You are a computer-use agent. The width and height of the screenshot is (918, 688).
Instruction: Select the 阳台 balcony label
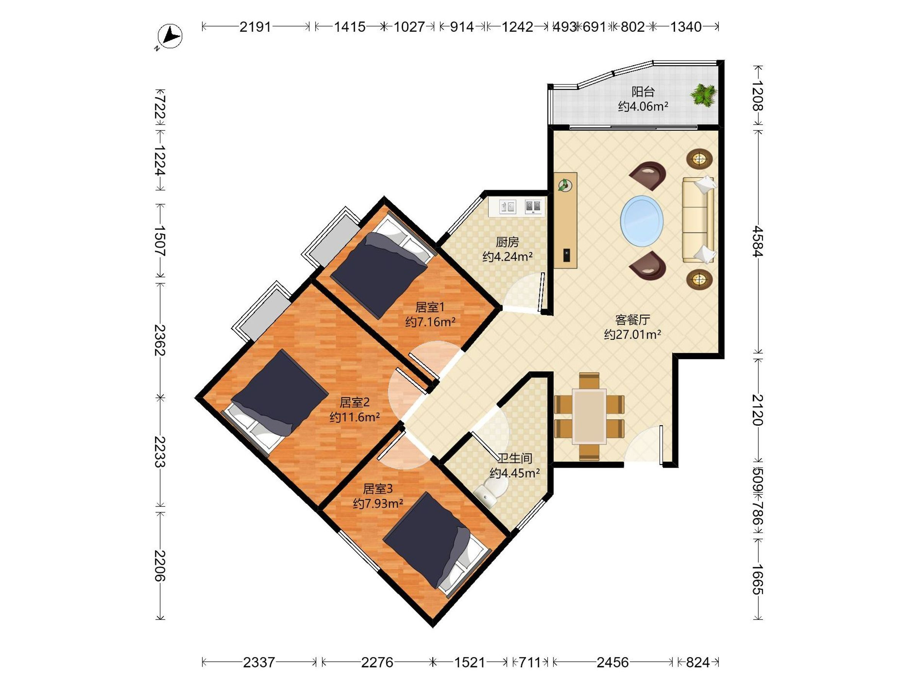(643, 92)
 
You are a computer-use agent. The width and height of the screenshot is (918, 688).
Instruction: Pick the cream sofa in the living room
(698, 220)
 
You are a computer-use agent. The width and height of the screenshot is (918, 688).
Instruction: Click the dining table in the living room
(589, 416)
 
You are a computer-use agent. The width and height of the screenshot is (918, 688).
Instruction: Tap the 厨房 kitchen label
(507, 242)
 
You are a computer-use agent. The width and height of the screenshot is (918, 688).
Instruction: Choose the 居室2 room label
(355, 402)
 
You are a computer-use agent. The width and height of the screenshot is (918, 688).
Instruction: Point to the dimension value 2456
(612, 662)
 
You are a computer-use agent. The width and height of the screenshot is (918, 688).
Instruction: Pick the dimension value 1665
(758, 579)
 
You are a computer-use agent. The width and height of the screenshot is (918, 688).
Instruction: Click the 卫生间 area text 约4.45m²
(514, 473)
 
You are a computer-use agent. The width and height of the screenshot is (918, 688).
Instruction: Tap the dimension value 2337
(259, 662)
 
